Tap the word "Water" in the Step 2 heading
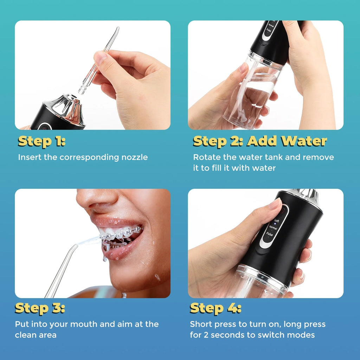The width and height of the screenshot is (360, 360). [x=305, y=141]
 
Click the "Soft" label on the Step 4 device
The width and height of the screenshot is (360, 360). [x=276, y=221]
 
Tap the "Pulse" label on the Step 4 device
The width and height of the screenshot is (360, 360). [x=270, y=234]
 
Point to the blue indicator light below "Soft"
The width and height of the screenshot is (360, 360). [x=275, y=224]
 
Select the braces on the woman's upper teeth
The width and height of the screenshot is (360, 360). [x=121, y=233]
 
